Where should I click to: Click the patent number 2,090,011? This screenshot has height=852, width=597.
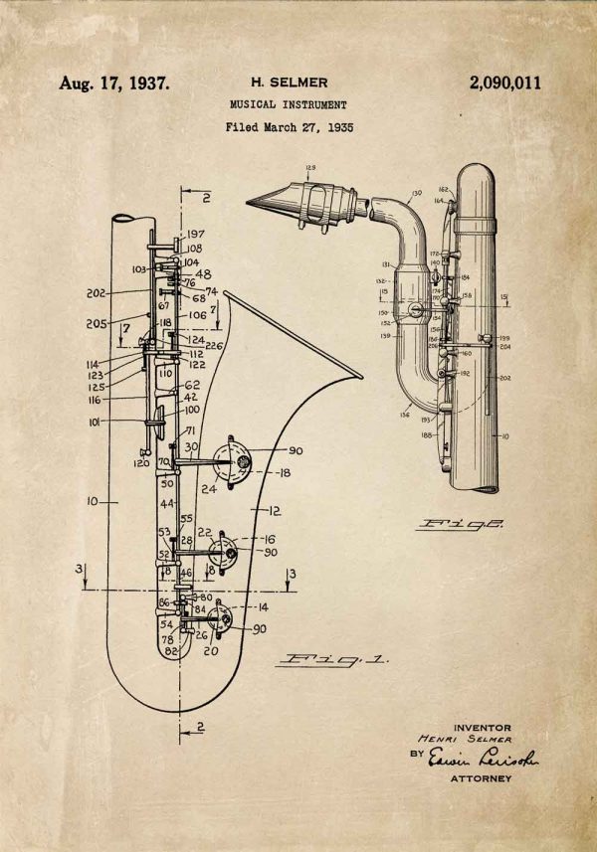point(504,84)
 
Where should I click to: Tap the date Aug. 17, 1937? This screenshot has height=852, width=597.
point(114,84)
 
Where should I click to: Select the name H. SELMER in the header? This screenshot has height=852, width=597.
point(288,83)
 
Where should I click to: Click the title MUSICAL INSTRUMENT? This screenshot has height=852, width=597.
point(288,104)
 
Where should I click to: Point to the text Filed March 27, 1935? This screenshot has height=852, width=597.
point(289,127)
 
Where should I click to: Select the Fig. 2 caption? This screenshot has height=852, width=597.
point(460,523)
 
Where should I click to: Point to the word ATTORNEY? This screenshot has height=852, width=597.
point(482,778)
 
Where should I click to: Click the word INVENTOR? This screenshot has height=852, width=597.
point(482,727)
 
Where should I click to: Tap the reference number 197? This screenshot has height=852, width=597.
point(196,235)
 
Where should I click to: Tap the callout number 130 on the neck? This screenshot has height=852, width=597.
point(416,193)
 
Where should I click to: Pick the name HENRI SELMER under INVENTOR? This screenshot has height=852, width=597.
point(464,740)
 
